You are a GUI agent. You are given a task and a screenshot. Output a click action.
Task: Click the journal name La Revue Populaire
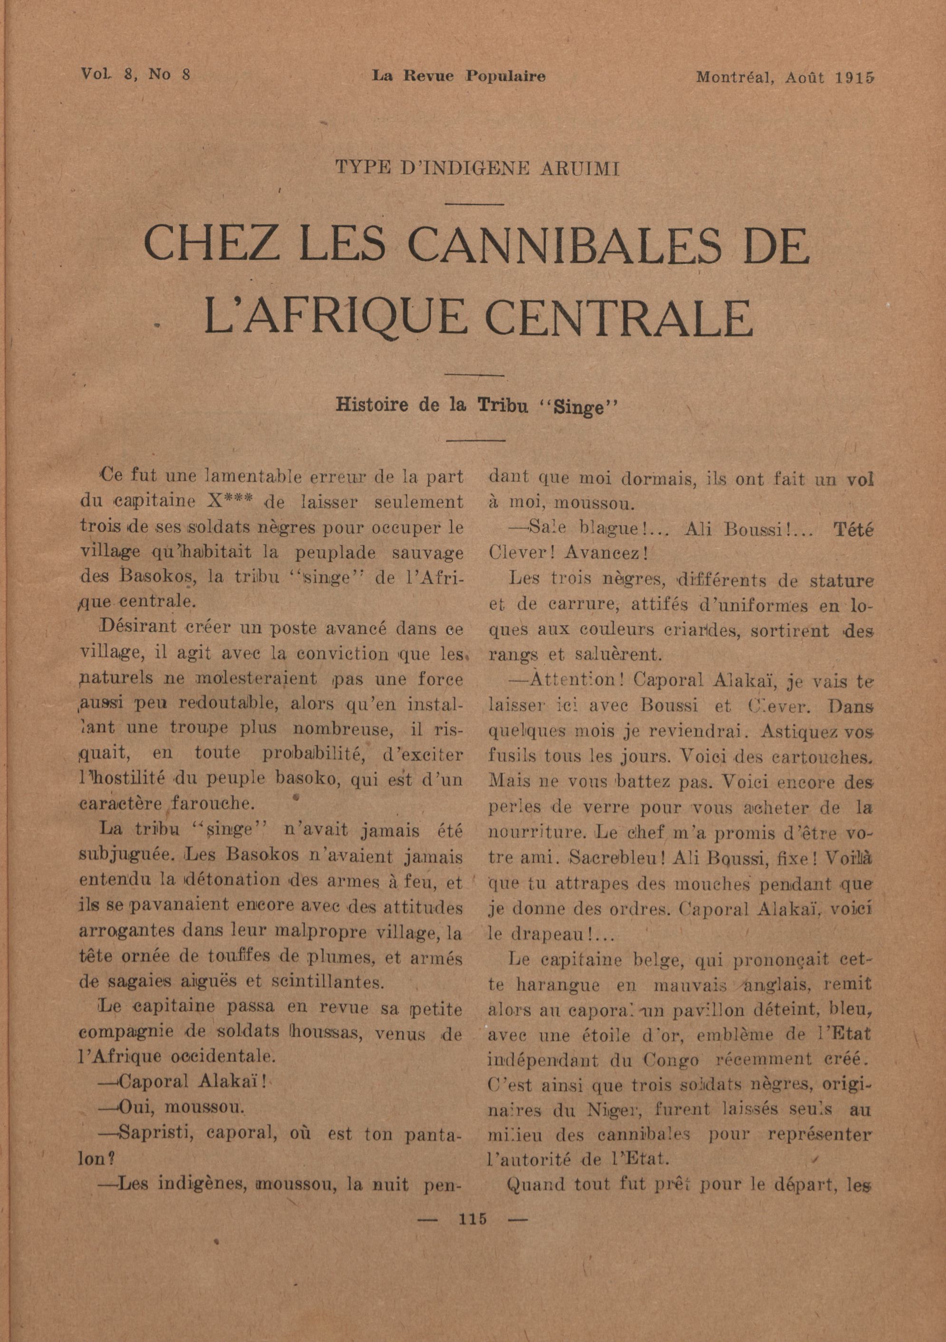click(459, 76)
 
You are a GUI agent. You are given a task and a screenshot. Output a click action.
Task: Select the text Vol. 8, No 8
click(136, 75)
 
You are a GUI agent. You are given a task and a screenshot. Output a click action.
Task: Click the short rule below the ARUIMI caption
click(474, 204)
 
